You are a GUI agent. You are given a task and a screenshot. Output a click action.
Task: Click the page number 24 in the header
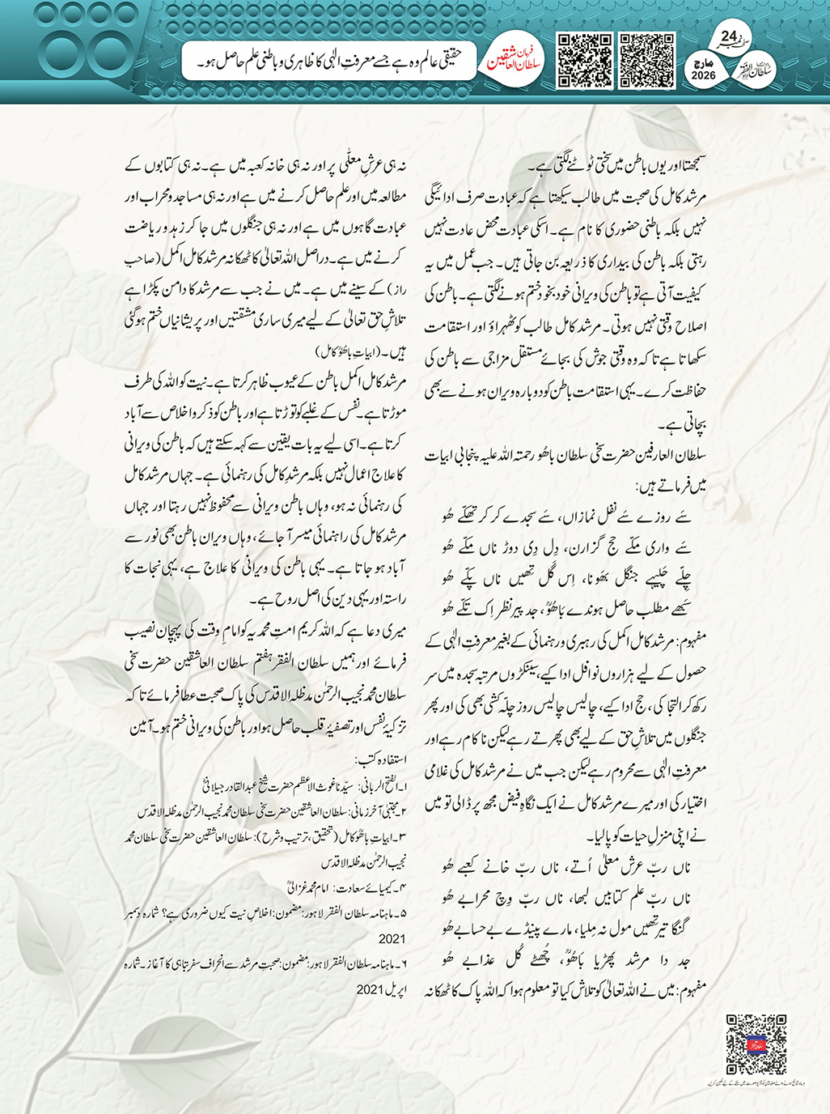pyautogui.click(x=728, y=37)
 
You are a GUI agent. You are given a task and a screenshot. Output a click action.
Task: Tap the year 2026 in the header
pyautogui.click(x=704, y=76)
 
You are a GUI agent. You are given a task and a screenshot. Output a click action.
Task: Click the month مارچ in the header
pyautogui.click(x=704, y=62)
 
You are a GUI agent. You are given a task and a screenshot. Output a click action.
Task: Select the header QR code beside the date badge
pyautogui.click(x=647, y=60)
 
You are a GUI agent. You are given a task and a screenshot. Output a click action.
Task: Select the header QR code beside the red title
pyautogui.click(x=585, y=60)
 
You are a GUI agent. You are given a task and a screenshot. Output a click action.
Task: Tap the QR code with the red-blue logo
pyautogui.click(x=756, y=1044)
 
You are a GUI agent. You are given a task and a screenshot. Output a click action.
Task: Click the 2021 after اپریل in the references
pyautogui.click(x=374, y=989)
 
